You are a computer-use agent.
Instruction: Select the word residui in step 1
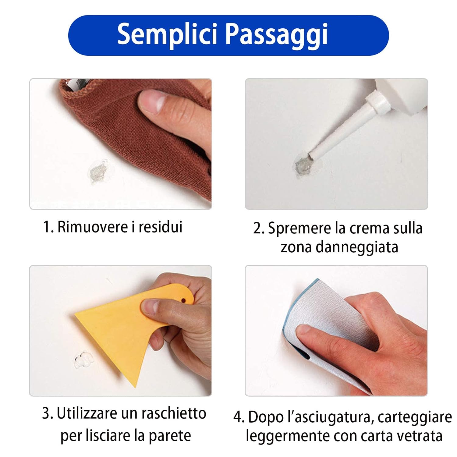coord(161,227)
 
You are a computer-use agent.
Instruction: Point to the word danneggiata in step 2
coord(357,247)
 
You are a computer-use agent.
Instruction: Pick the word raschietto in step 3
coord(174,414)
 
